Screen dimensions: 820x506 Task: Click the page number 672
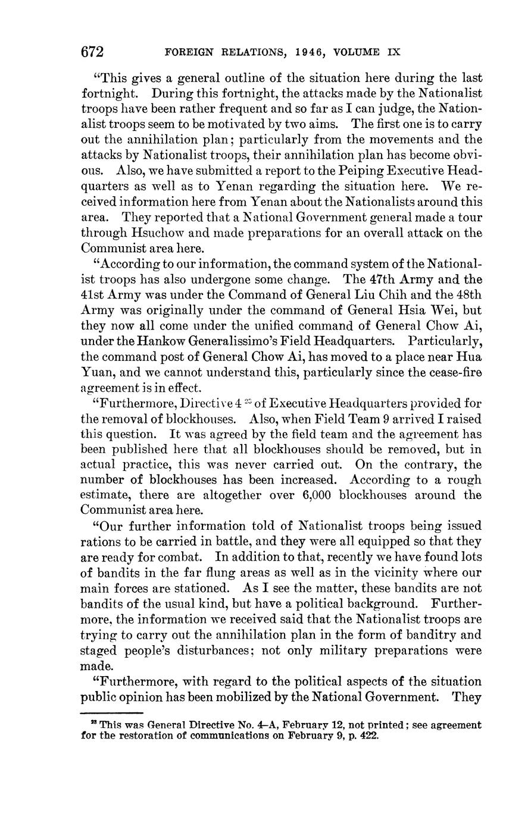(92, 52)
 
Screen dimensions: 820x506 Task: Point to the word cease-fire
(453, 372)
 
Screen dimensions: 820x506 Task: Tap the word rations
(99, 542)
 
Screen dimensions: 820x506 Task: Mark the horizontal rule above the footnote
(112, 712)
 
